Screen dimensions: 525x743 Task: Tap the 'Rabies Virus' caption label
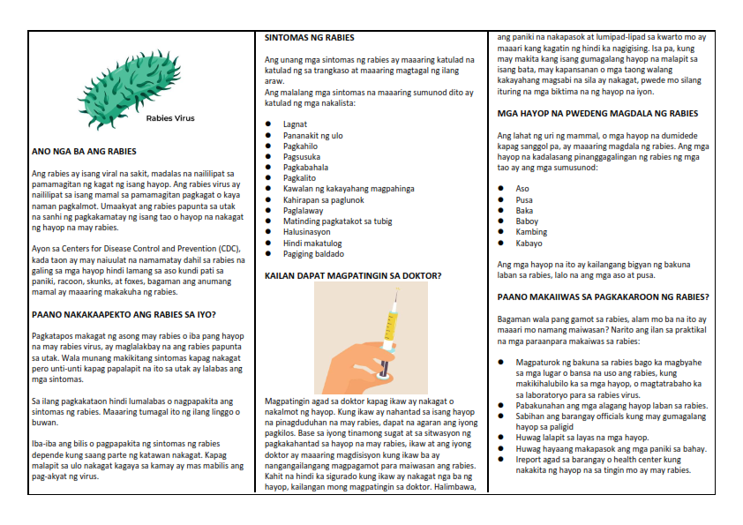click(170, 117)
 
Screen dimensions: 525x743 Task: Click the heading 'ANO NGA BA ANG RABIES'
click(84, 152)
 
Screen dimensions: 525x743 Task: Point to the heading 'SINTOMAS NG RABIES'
click(310, 38)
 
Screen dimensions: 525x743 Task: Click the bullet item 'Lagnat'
click(295, 124)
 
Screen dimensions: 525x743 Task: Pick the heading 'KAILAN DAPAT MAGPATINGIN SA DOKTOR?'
click(353, 276)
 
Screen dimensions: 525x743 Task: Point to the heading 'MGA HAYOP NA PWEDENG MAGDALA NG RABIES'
click(597, 114)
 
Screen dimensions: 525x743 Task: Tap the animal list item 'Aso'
click(522, 189)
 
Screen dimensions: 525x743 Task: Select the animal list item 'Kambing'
click(531, 232)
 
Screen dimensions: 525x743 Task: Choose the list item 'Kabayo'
click(529, 243)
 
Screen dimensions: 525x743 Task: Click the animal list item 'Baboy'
click(528, 221)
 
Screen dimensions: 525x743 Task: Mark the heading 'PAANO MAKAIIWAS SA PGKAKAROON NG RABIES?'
click(604, 296)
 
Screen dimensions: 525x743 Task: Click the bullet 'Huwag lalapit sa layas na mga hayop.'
click(582, 438)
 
